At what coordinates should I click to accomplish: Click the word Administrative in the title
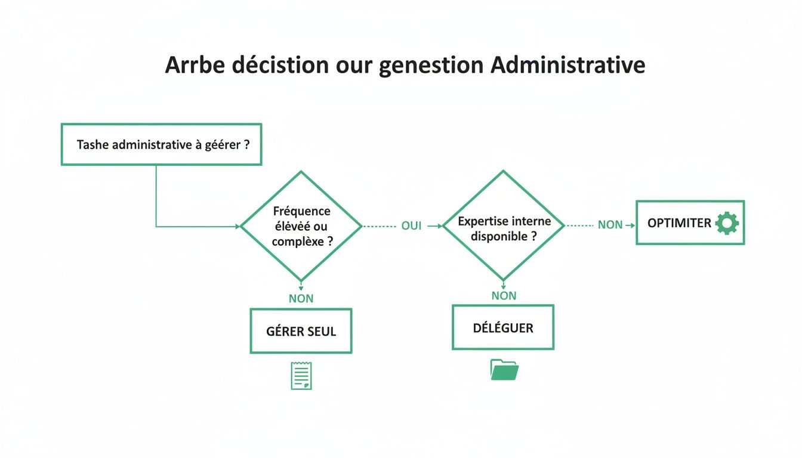click(567, 65)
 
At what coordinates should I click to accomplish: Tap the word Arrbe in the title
click(194, 65)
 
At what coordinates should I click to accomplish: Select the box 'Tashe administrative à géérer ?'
click(161, 144)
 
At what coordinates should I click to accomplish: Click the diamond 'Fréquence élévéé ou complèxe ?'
click(301, 226)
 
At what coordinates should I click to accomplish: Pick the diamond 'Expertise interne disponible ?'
click(503, 226)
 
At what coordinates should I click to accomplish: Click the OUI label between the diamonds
click(411, 226)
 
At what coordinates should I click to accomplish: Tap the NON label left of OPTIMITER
click(610, 225)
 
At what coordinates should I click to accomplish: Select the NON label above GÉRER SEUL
click(301, 298)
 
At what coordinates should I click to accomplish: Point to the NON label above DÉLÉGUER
click(504, 295)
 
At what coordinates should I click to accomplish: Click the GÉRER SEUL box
click(301, 331)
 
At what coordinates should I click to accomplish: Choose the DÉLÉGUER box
click(503, 327)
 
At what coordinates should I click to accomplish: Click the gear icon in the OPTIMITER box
click(727, 223)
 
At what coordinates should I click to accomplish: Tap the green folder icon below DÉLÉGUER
click(504, 369)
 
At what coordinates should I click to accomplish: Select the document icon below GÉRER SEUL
click(301, 376)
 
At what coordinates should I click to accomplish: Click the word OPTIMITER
click(679, 223)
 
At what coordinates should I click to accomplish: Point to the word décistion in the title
click(279, 65)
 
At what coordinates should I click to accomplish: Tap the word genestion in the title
click(431, 65)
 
